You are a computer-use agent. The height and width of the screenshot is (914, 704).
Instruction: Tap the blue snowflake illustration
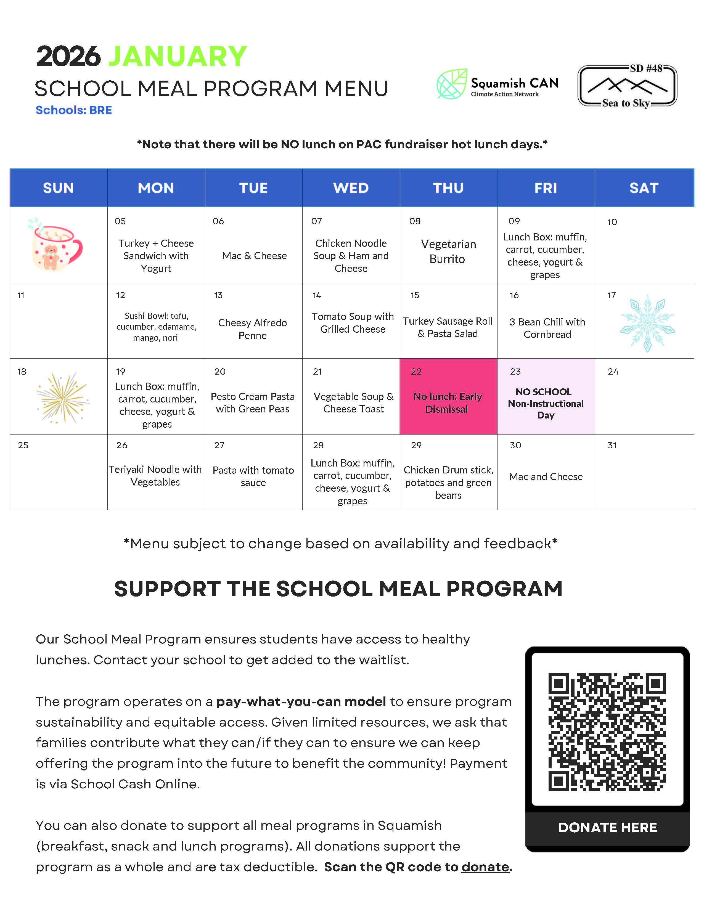[647, 323]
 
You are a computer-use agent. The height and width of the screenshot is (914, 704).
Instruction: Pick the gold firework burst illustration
[63, 398]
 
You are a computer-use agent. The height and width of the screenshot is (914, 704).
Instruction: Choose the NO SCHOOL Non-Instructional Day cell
[545, 403]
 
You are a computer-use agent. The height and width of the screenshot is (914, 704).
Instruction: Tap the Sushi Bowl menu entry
[156, 326]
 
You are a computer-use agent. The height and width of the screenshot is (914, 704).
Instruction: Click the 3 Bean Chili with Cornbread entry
[547, 328]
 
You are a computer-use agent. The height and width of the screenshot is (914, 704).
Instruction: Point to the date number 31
[612, 445]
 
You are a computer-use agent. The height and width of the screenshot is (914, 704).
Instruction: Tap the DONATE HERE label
[607, 827]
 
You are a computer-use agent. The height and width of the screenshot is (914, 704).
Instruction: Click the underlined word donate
[485, 867]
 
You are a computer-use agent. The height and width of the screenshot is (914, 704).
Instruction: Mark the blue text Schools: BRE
[74, 110]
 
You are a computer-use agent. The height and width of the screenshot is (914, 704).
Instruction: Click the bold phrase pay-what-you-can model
[301, 701]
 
